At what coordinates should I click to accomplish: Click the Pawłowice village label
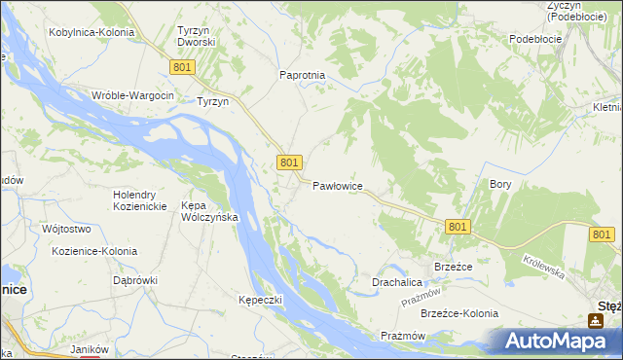point(338,185)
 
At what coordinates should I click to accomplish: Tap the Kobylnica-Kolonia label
point(91,32)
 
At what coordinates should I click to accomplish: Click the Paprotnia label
point(302,75)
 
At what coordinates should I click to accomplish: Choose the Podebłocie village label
point(535,39)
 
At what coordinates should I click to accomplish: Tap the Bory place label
point(500,183)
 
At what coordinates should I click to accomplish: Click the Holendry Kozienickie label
point(143,200)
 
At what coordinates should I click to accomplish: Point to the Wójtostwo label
point(66,230)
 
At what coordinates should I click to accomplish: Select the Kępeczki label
point(260,300)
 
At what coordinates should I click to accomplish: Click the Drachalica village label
point(396,282)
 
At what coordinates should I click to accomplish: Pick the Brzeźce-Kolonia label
point(458,313)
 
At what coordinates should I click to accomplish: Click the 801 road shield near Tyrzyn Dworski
point(183,66)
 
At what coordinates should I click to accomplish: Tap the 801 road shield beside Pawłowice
point(289,162)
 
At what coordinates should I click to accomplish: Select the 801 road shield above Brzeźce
point(459,226)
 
